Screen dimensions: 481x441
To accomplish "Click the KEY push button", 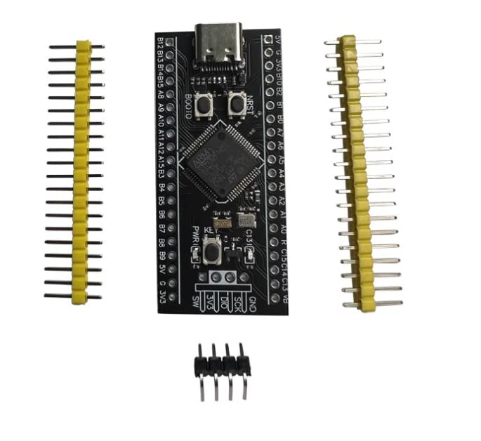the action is coord(209,249).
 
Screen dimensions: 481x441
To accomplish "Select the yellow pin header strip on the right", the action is coord(357,172).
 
